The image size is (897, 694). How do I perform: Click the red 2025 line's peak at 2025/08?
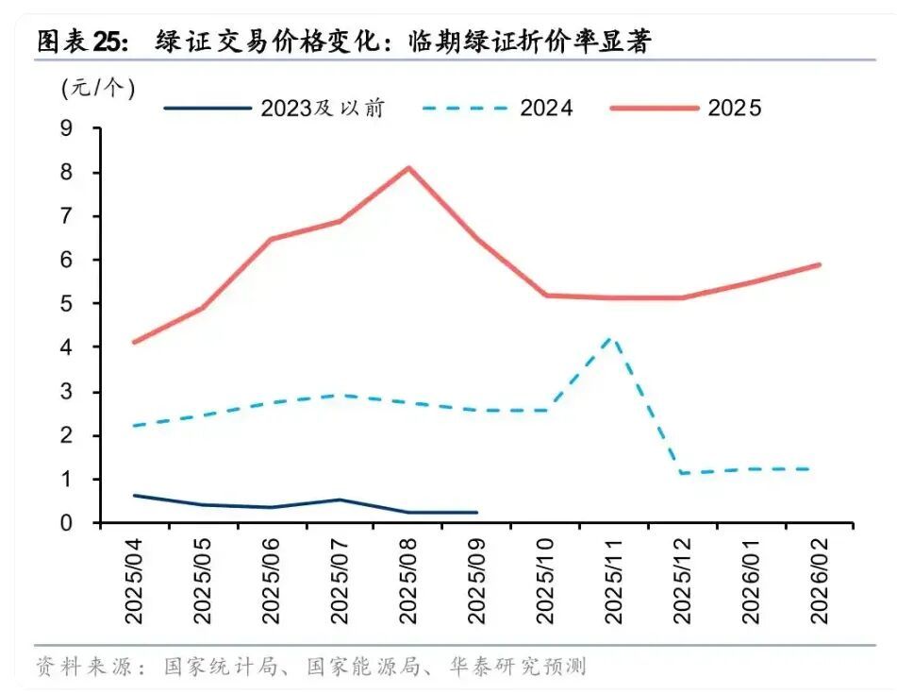click(x=408, y=168)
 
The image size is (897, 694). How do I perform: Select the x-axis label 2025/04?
click(x=135, y=581)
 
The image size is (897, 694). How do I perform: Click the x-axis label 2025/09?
click(x=476, y=581)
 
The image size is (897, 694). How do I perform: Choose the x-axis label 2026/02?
click(x=819, y=581)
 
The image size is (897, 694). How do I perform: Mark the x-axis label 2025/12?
click(x=682, y=581)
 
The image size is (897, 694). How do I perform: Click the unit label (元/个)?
click(x=98, y=88)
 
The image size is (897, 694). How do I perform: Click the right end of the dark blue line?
click(x=476, y=512)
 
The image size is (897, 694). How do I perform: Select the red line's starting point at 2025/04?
click(x=135, y=342)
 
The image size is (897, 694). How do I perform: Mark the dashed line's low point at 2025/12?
click(x=682, y=472)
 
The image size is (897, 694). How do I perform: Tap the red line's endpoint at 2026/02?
click(x=819, y=265)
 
